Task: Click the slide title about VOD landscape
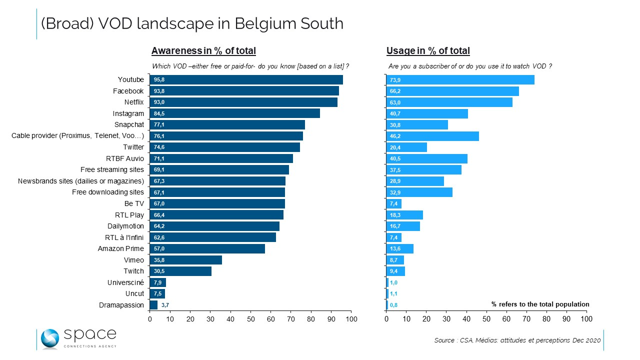[192, 23]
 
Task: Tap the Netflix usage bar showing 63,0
[449, 102]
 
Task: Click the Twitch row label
[133, 271]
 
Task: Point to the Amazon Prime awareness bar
[207, 248]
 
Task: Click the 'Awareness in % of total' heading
[203, 50]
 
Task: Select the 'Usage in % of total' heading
[428, 50]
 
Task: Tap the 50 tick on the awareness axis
[250, 318]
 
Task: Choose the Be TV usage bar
[394, 203]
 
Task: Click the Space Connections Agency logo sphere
[49, 338]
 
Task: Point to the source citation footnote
[517, 340]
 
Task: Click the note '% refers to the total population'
[540, 304]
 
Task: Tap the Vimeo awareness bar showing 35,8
[185, 260]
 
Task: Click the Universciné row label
[125, 282]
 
